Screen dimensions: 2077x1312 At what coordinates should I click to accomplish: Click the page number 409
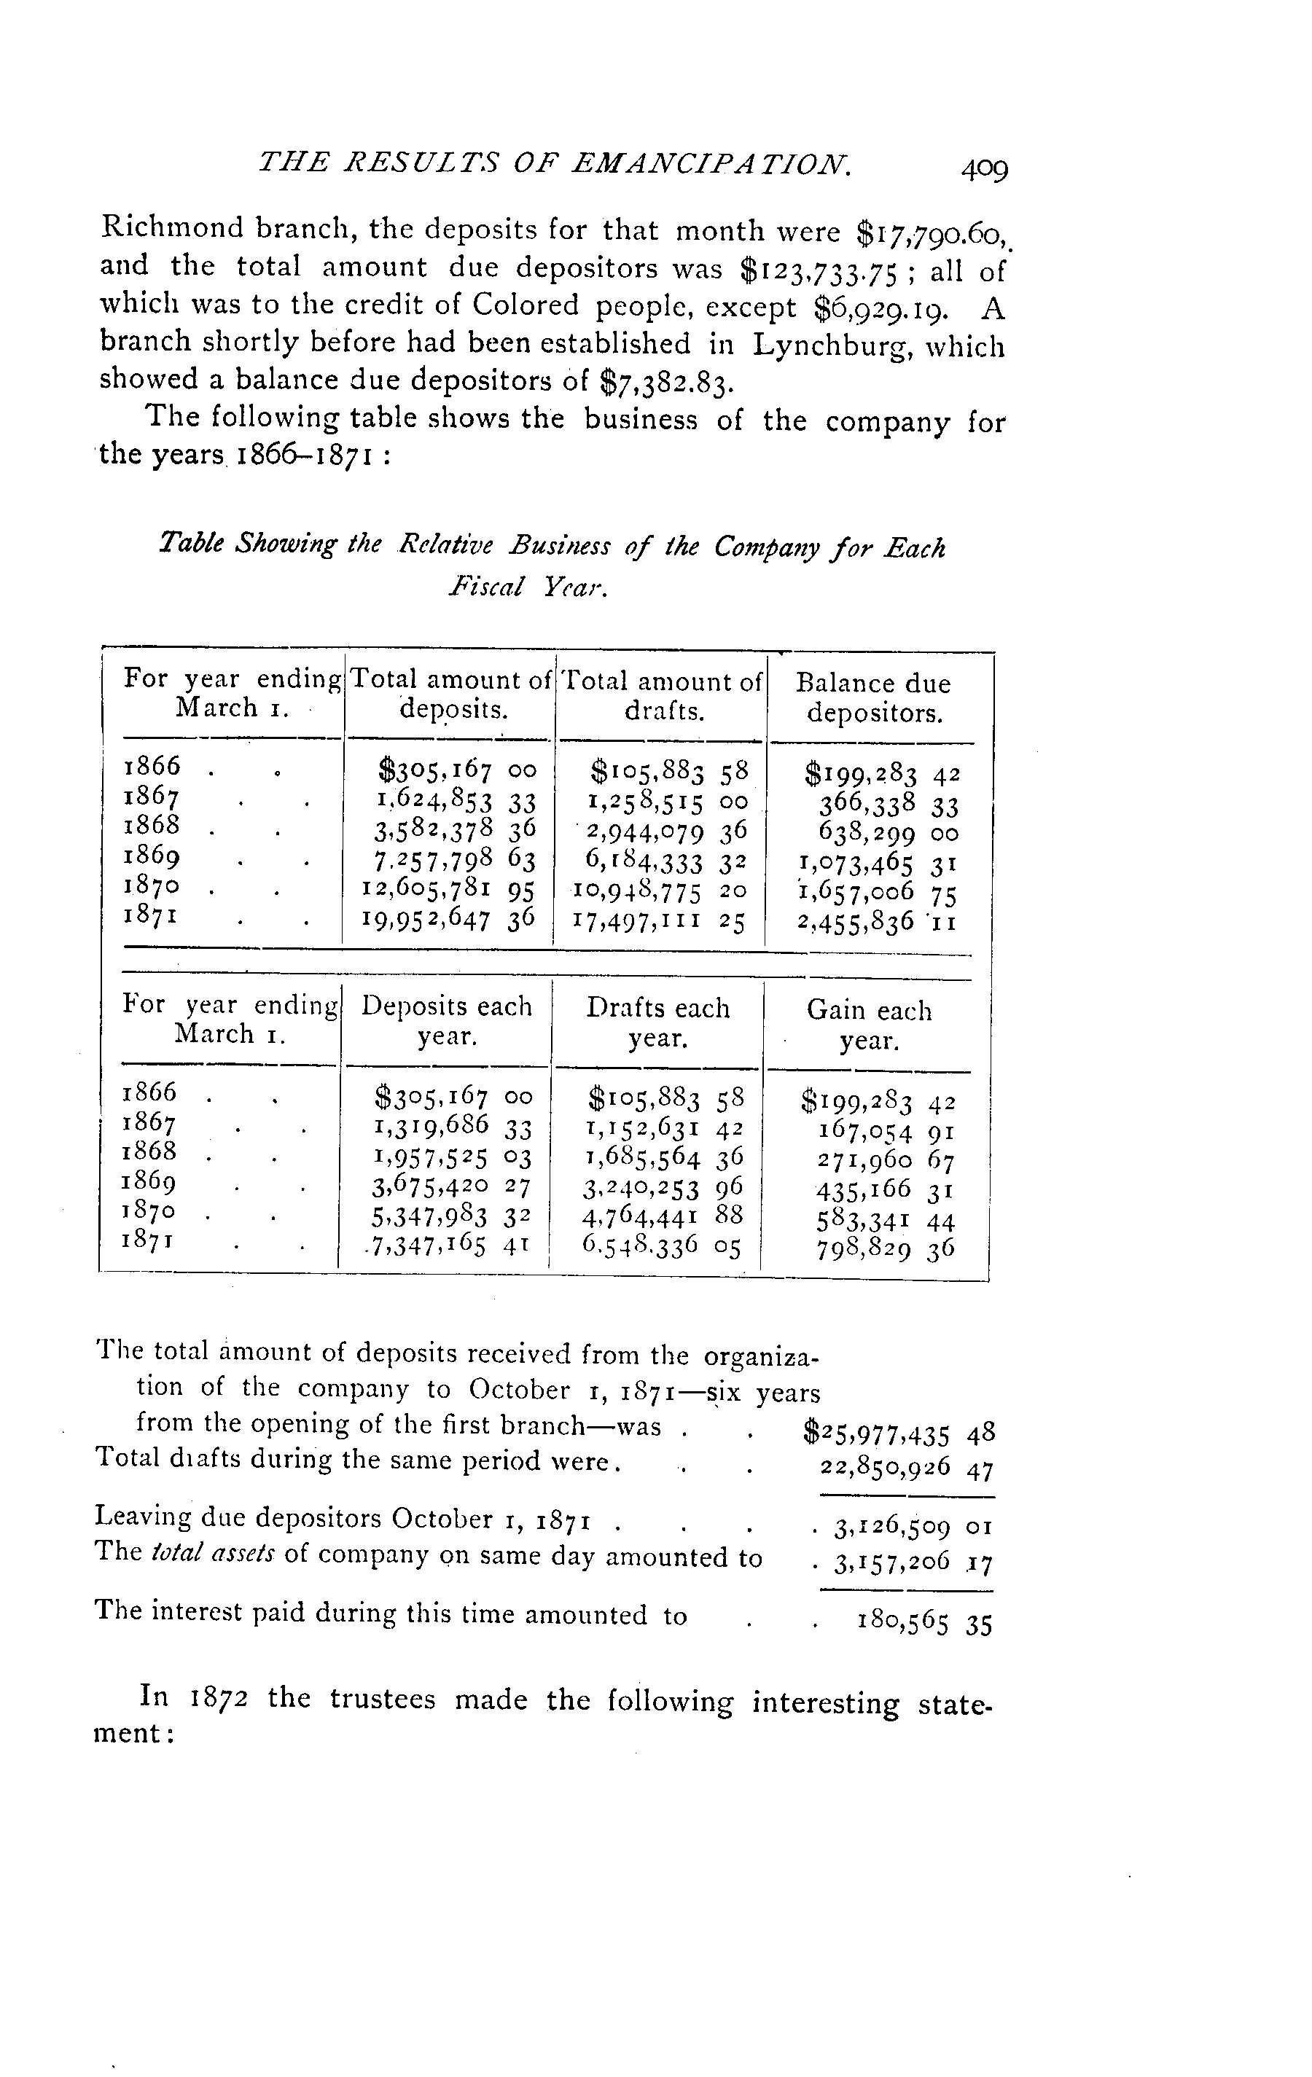984,169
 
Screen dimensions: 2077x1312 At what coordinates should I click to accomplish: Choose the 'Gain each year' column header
870,1025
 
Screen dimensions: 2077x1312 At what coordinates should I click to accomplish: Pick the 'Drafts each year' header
658,1023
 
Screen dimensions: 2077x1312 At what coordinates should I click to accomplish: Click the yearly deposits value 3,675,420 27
451,1188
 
